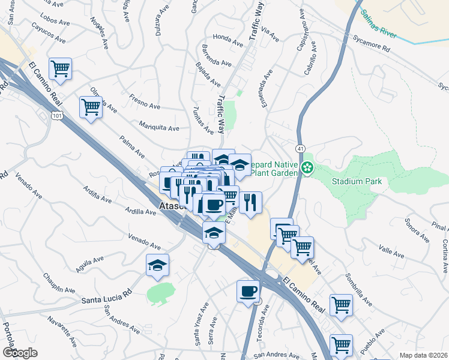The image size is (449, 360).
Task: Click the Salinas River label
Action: [x=379, y=23]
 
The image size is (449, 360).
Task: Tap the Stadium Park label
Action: [x=357, y=181]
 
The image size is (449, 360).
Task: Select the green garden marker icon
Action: [x=308, y=167]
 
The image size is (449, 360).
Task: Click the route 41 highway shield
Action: [x=300, y=148]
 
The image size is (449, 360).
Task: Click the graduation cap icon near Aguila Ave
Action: [x=157, y=265]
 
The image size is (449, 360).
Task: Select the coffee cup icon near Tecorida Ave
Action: [x=248, y=292]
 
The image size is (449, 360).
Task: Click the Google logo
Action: [x=20, y=352]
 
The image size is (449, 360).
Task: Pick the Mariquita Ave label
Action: [x=159, y=128]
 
